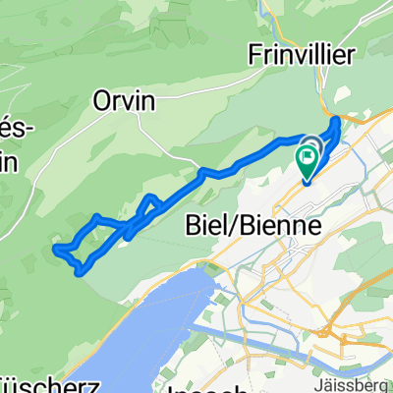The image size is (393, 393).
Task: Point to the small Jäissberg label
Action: (364, 380)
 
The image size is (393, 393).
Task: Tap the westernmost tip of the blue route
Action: (55, 249)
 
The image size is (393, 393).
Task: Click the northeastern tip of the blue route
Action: (339, 121)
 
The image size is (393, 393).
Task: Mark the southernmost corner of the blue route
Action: (78, 273)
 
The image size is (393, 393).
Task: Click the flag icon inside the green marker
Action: (309, 152)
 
